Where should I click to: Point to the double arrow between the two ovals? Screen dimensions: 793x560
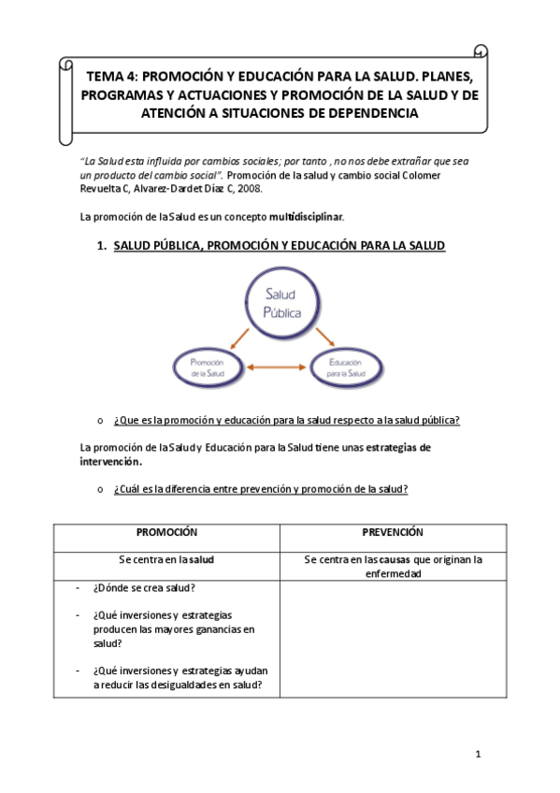coord(279,368)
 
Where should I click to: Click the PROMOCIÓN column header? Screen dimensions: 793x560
coord(166,531)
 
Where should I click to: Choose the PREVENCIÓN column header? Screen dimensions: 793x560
coord(393,531)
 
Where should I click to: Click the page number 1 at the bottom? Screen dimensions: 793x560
coord(477,754)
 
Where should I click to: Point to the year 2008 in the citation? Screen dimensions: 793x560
coord(249,188)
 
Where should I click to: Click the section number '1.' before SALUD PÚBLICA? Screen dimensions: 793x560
coord(102,246)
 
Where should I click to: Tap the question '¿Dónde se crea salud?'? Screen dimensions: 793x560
coord(144,587)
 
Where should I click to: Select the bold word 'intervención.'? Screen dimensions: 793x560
coord(111,461)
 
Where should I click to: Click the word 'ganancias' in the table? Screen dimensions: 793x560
coord(219,629)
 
